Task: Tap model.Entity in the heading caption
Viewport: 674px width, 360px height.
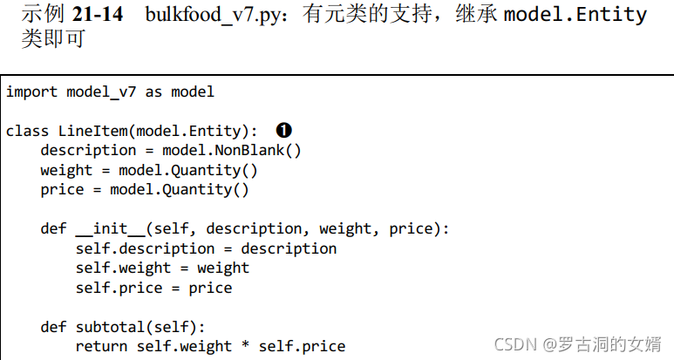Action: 575,15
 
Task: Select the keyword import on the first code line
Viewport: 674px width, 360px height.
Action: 31,92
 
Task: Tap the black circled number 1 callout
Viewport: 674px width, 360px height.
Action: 283,131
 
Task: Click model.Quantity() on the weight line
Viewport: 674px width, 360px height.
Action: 188,170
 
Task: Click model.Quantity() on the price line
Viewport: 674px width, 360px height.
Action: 180,189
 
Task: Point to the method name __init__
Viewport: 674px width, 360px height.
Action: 110,228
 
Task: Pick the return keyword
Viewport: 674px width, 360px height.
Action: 101,346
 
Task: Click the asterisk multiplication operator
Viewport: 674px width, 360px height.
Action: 245,346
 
